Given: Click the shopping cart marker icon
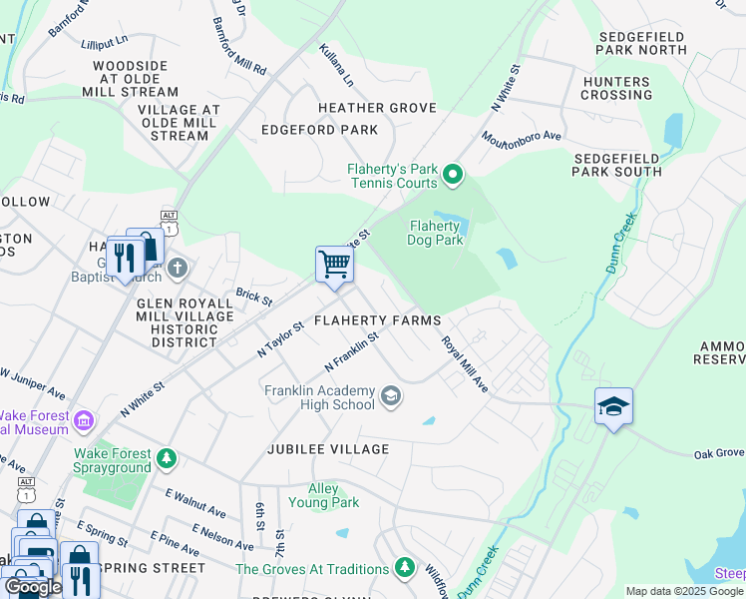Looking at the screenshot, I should tap(335, 265).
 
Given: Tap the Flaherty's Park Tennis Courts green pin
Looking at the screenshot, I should tap(453, 176).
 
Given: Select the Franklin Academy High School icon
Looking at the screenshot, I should tap(391, 398).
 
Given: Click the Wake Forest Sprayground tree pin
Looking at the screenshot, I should tap(167, 459).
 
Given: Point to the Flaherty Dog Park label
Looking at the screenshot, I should tap(436, 233).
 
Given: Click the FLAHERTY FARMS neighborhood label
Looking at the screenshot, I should tap(377, 320).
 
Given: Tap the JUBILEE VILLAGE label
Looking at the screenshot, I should tap(327, 449).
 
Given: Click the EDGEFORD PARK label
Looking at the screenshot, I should tap(319, 130).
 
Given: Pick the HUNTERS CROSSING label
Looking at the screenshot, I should tap(615, 88).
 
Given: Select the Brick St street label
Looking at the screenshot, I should tap(253, 297).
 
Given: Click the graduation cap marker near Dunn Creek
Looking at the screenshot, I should tap(613, 406).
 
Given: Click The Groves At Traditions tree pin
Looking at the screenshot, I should tap(404, 567).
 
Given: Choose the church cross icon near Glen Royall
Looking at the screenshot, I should tap(177, 268).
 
